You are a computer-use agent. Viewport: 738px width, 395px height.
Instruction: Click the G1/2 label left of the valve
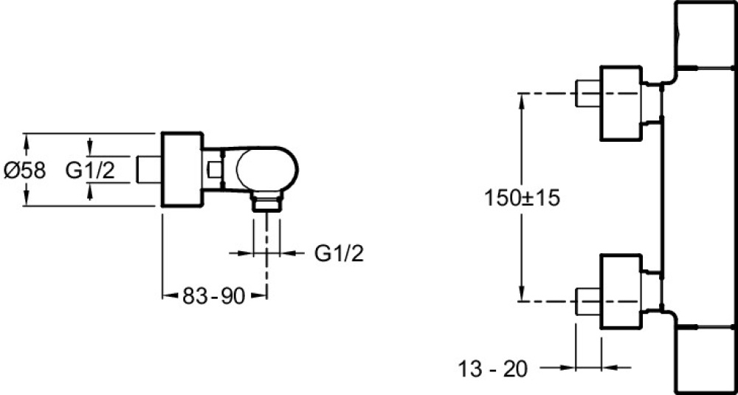point(90,171)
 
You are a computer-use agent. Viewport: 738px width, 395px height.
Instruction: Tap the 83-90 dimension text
point(213,296)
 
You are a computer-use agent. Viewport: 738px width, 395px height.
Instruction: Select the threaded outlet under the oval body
point(267,202)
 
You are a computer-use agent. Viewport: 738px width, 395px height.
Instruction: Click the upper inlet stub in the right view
point(587,93)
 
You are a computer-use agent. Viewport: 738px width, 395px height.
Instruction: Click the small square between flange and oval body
point(215,170)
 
